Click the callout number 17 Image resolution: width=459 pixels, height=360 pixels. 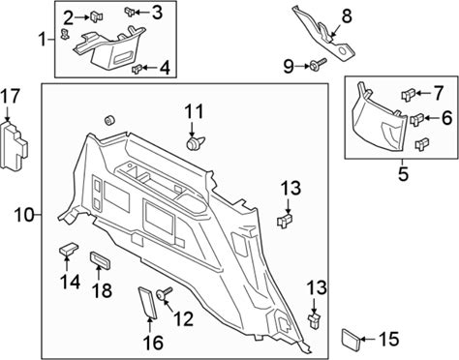pos(10,97)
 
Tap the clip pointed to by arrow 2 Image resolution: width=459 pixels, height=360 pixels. pos(96,16)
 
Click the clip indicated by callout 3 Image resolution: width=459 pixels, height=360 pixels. pos(130,12)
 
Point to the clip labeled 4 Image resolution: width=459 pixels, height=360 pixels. pos(137,69)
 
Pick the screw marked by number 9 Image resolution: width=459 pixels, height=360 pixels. pos(318,65)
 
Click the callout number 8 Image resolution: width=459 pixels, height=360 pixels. pos(347,16)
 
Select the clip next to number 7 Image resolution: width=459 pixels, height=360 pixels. pos(408,95)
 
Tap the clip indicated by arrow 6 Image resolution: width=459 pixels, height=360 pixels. pos(416,120)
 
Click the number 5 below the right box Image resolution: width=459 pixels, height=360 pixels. pos(403,173)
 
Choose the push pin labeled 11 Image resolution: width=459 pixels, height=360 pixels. pos(196,143)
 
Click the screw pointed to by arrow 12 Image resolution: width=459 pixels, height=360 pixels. pos(165,293)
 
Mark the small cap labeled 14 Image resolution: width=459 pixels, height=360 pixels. pos(69,248)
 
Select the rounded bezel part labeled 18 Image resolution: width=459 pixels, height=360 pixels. pos(100,260)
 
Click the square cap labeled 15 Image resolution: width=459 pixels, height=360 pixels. pos(351,340)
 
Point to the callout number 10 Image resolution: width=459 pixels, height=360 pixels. pos(24,215)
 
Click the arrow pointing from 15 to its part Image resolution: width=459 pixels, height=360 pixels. pos(368,339)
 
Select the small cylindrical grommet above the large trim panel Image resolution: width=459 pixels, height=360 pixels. pos(109,120)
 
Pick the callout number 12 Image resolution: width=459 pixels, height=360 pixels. pos(183,318)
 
